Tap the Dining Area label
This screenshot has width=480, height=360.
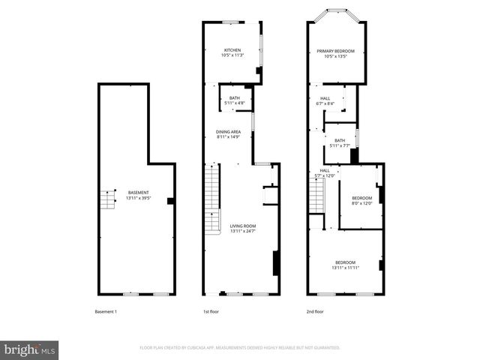(228, 134)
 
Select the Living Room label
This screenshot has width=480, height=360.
(243, 229)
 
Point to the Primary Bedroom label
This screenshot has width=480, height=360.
(335, 53)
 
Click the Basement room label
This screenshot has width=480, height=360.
(139, 196)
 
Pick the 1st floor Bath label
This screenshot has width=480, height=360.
(235, 100)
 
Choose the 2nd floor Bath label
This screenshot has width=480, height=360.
(340, 143)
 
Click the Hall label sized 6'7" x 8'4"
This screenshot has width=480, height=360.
(325, 100)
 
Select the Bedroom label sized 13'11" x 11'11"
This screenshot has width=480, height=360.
(345, 265)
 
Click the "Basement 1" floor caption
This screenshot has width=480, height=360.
(106, 311)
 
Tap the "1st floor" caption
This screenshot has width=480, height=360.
(211, 311)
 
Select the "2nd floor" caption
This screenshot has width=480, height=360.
(315, 311)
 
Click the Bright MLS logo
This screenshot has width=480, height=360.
(29, 349)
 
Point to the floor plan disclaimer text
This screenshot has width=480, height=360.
(240, 348)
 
